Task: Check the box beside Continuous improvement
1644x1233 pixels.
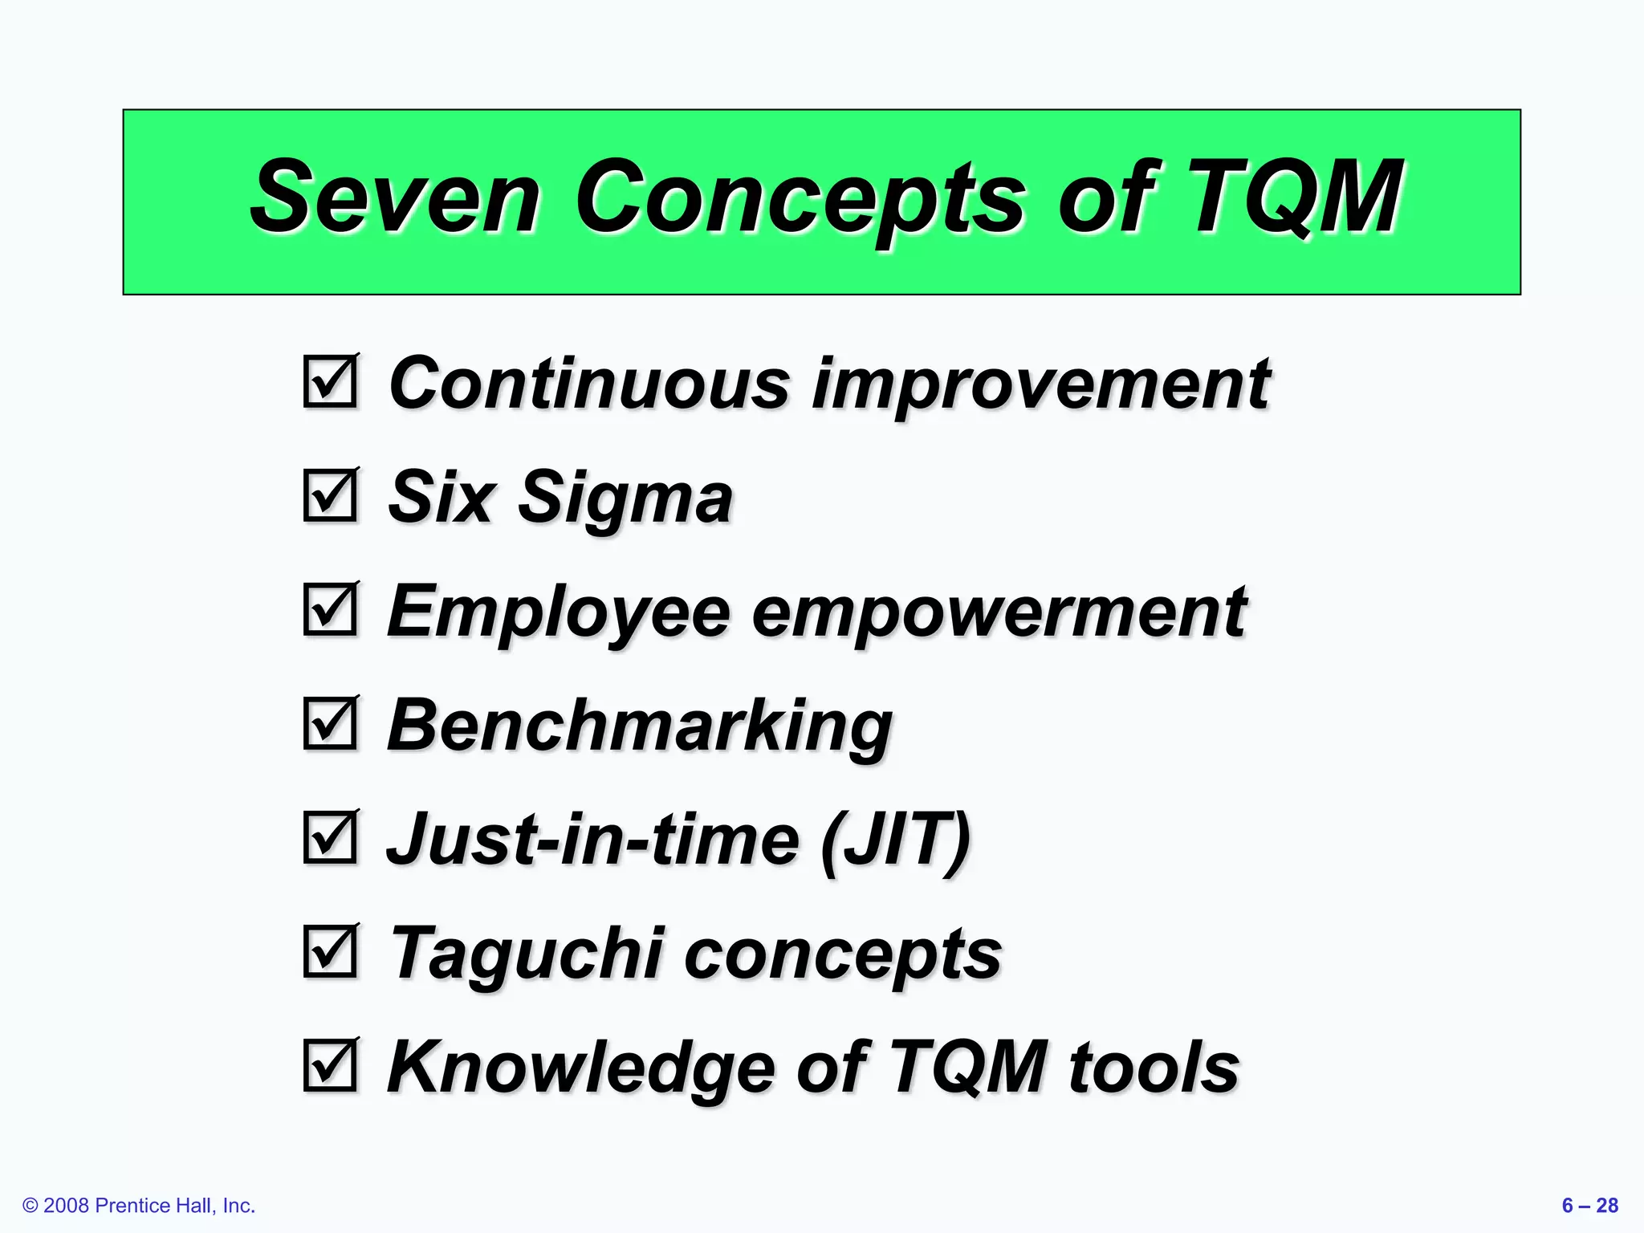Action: (x=330, y=382)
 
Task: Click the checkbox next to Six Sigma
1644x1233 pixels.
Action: (x=330, y=496)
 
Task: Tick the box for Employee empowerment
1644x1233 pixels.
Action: (x=330, y=610)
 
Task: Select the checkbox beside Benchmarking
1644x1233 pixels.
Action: (x=330, y=724)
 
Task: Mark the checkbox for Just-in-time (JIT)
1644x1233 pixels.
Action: (x=330, y=838)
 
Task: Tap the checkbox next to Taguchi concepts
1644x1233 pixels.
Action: (x=330, y=952)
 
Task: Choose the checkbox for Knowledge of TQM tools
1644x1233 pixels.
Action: (x=330, y=1066)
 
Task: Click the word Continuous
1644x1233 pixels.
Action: (x=589, y=384)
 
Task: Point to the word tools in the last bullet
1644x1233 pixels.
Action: (x=1154, y=1068)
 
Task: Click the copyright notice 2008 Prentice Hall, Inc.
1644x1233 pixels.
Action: (x=139, y=1205)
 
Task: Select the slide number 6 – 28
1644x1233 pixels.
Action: (x=1589, y=1205)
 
